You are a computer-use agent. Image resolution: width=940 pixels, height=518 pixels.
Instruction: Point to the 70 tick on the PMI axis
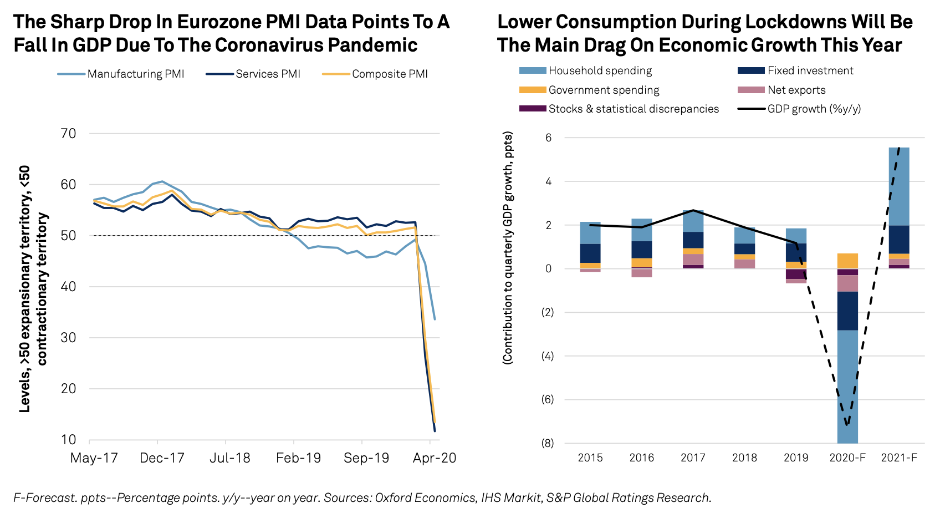[68, 134]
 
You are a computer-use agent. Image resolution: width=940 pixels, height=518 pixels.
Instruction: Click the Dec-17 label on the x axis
[162, 458]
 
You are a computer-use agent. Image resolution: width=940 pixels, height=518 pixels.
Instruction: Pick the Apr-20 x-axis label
[434, 458]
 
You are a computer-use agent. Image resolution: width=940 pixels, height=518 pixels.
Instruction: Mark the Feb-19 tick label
[298, 458]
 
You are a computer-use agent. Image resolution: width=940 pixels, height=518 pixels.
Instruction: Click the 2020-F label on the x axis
[847, 458]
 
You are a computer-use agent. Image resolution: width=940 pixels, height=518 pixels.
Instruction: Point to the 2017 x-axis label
[693, 458]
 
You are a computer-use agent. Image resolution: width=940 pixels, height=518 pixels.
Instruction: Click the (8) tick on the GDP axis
[547, 443]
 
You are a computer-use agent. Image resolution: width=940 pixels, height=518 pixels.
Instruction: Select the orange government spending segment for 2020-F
[847, 261]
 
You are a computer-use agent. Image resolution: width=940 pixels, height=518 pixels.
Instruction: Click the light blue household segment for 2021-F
[899, 186]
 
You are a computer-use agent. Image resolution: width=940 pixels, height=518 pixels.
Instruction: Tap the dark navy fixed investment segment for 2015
[590, 253]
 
